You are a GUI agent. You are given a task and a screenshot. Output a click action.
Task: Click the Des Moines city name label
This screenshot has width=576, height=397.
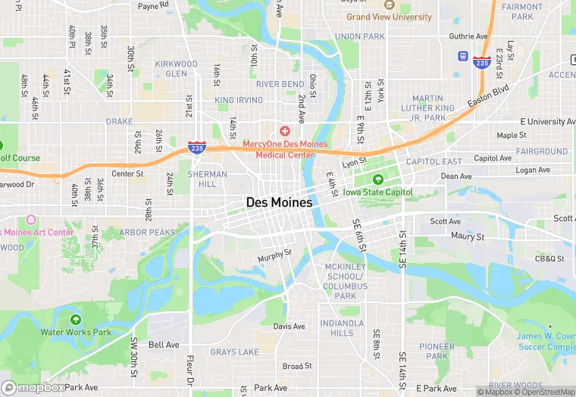pos(279,202)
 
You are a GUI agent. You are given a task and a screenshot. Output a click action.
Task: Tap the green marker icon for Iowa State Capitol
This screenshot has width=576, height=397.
pos(377,180)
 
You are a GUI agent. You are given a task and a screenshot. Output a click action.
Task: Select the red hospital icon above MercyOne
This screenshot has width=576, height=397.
pos(285,132)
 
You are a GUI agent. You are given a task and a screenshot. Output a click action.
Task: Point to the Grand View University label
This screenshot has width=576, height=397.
pos(390,17)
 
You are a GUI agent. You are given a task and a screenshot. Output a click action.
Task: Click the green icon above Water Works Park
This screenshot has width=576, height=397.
pos(75,320)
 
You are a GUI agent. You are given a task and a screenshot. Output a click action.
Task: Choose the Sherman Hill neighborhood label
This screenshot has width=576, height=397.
pos(207,179)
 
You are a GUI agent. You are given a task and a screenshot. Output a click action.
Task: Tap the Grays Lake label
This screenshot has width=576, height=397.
pos(234,352)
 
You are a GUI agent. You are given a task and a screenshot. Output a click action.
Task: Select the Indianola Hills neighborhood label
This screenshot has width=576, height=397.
pos(337,328)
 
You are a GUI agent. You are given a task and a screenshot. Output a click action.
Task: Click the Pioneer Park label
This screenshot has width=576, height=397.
pos(437,352)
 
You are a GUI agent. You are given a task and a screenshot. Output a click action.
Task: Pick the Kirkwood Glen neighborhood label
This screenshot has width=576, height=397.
pos(176,69)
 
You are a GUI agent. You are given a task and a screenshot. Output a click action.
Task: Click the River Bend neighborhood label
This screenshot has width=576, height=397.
pos(280,84)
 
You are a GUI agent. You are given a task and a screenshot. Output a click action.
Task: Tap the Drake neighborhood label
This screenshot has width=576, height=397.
pos(119,121)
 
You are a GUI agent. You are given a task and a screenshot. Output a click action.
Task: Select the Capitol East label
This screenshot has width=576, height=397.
pos(434,161)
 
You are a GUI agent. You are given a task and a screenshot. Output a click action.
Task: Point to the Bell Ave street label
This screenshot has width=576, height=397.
pos(164,345)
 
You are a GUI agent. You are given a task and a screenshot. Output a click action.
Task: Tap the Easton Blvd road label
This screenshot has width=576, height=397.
pos(488,95)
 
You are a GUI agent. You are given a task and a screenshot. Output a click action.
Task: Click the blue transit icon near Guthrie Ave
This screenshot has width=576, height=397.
pos(462,56)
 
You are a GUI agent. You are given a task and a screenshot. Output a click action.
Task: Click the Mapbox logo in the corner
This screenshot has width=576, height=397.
pos(34,387)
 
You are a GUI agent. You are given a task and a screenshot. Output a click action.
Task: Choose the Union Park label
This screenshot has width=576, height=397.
pos(359,36)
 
